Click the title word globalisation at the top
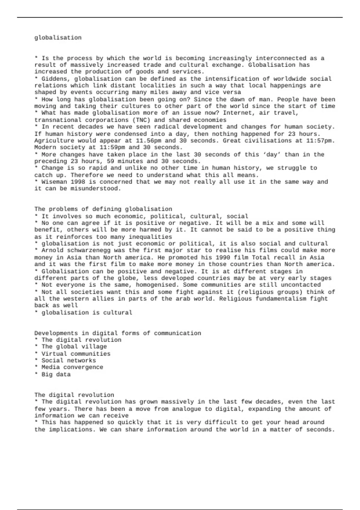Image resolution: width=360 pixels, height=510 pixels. [x=58, y=38]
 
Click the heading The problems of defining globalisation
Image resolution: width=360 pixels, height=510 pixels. [x=103, y=209]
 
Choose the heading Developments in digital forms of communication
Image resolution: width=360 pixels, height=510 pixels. [x=118, y=333]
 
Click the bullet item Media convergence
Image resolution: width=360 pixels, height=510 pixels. [x=72, y=367]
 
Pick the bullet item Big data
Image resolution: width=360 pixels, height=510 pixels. [x=56, y=374]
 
